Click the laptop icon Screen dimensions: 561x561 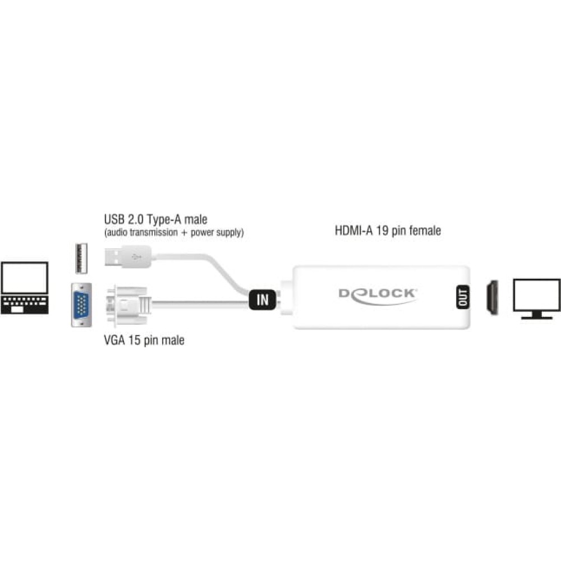point(25,288)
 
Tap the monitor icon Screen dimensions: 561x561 point(536,299)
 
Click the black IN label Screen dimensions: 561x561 point(263,300)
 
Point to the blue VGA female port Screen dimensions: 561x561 point(81,305)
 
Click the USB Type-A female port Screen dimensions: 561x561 point(81,258)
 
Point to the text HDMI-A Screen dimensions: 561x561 point(354,231)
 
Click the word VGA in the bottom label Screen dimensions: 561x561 point(114,340)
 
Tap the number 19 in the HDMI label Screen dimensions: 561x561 point(382,231)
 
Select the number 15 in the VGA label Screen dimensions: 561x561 point(134,340)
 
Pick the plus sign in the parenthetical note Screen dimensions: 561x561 point(184,233)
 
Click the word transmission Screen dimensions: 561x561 point(154,232)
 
